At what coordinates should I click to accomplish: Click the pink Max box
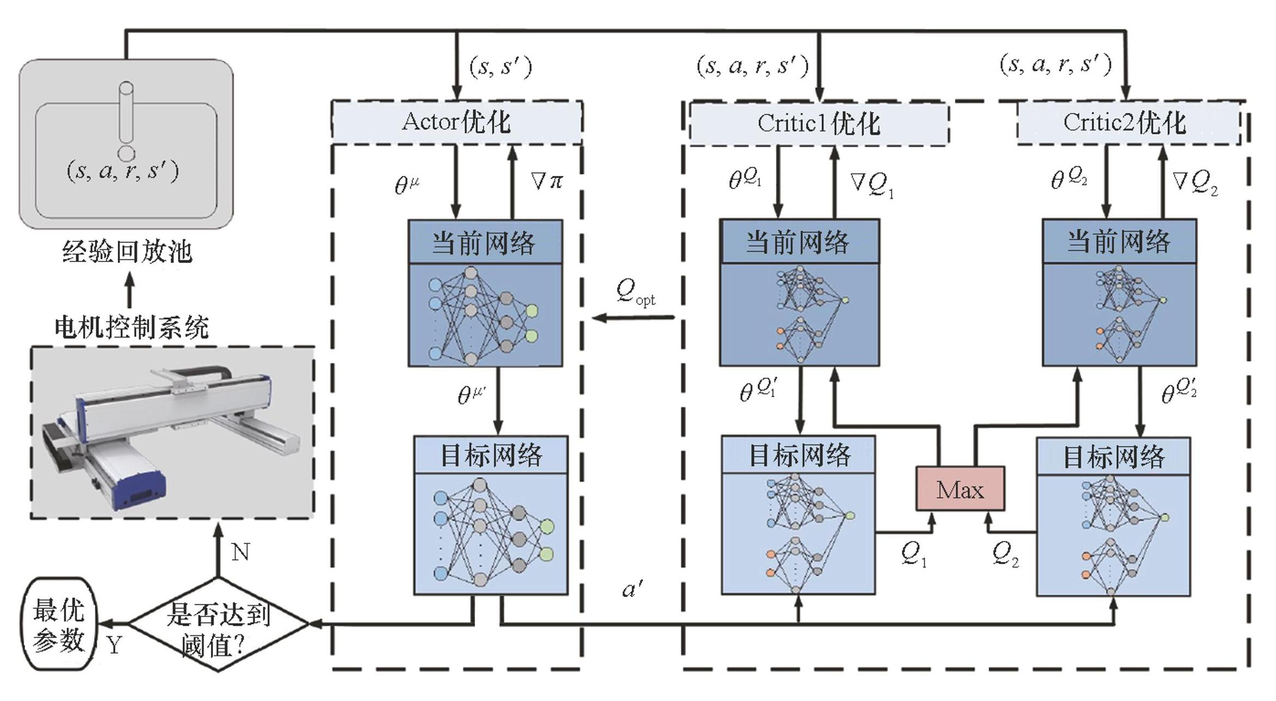coord(960,489)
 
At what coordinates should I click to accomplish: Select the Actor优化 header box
coord(456,122)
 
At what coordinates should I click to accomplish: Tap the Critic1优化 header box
coord(818,123)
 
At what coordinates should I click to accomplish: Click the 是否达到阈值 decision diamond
coord(218,625)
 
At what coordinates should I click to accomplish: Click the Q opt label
coord(635,292)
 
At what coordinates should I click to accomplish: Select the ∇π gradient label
coord(546,181)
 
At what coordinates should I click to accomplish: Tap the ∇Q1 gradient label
coord(871,185)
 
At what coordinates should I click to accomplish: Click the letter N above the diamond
coord(240,553)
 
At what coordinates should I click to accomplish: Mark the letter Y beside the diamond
coord(114,646)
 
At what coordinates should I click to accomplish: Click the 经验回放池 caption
coord(127,252)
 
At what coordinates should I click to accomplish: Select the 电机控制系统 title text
coord(132,328)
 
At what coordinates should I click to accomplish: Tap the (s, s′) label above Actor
coord(500,67)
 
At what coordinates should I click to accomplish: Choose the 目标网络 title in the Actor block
coord(491,455)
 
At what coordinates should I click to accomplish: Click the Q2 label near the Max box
coord(1005,554)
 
